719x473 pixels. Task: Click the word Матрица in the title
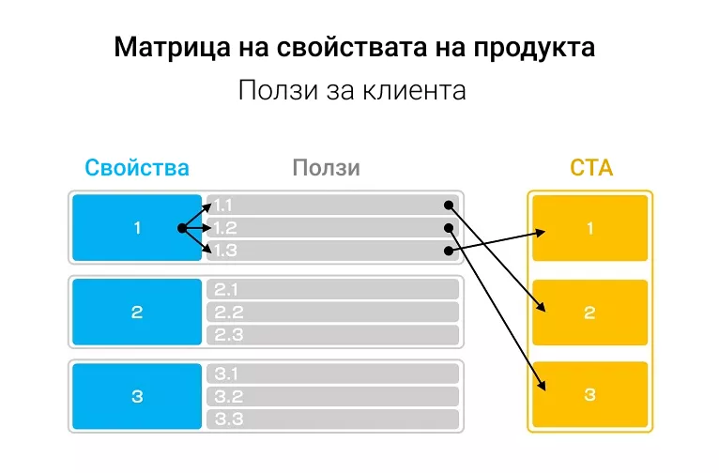pyautogui.click(x=172, y=48)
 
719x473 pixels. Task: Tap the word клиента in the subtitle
pyautogui.click(x=414, y=90)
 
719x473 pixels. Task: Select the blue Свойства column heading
pyautogui.click(x=137, y=167)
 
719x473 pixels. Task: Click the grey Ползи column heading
pyautogui.click(x=326, y=168)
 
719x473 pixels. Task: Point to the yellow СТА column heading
pyautogui.click(x=591, y=168)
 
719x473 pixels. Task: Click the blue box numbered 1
pyautogui.click(x=137, y=228)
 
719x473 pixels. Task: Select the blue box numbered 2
pyautogui.click(x=137, y=313)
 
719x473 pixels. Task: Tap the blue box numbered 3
pyautogui.click(x=137, y=396)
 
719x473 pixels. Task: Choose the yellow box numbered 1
pyautogui.click(x=590, y=228)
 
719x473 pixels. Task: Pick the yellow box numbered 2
pyautogui.click(x=590, y=313)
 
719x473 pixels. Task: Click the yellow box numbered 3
pyautogui.click(x=590, y=394)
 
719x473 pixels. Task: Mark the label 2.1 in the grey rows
pyautogui.click(x=226, y=290)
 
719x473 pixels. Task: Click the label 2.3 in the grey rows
pyautogui.click(x=228, y=335)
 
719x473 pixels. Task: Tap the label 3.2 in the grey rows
pyautogui.click(x=228, y=396)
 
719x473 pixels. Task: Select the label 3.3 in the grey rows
pyautogui.click(x=228, y=419)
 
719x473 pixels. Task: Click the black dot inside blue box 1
pyautogui.click(x=182, y=228)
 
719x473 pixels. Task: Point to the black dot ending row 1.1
pyautogui.click(x=449, y=206)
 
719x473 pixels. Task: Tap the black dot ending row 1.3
pyautogui.click(x=449, y=251)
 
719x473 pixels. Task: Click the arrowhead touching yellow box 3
pyautogui.click(x=542, y=385)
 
